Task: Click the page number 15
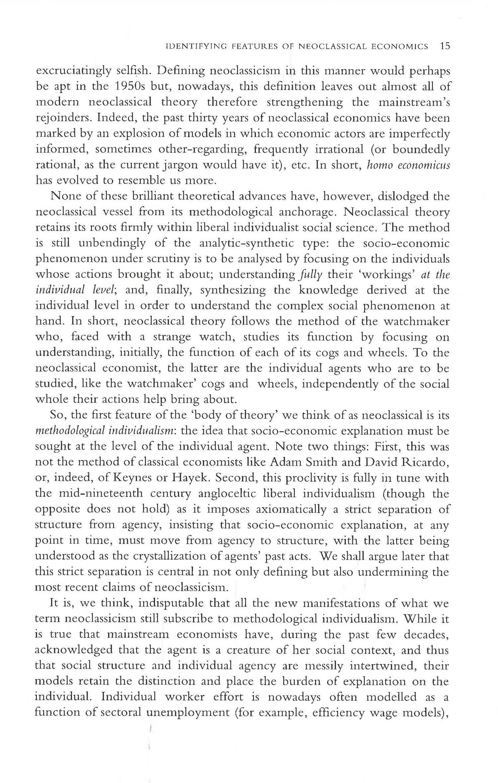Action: (x=445, y=46)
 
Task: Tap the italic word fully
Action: (x=308, y=275)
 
